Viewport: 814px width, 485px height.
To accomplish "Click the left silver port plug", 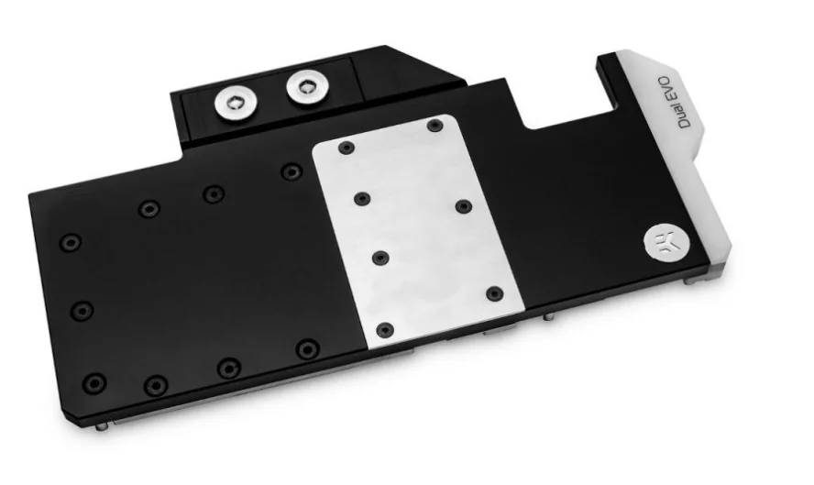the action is (234, 103).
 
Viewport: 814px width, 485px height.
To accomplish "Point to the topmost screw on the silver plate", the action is (434, 125).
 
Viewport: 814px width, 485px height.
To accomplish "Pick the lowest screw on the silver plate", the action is (384, 329).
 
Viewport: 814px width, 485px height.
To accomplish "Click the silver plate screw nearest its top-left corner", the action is (346, 148).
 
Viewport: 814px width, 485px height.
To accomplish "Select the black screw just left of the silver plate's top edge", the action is (291, 171).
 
